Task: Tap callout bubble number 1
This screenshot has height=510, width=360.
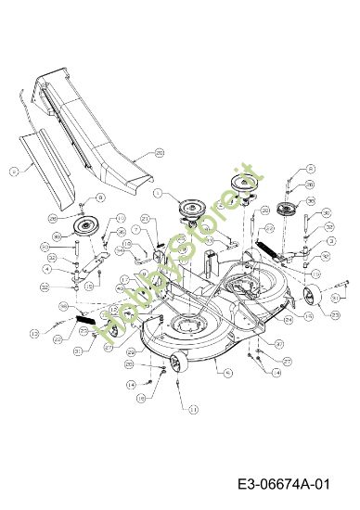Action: [158, 194]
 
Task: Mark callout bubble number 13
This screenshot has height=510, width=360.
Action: [33, 330]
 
